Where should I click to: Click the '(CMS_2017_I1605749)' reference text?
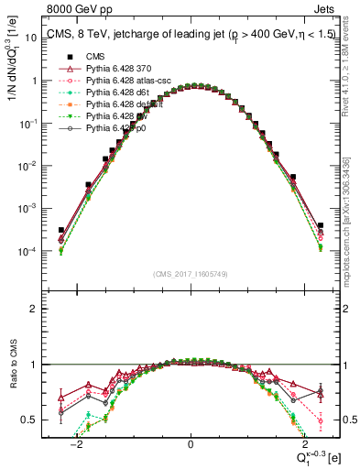(191, 274)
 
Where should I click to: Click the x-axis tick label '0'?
(191, 443)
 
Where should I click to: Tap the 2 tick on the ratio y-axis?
(36, 309)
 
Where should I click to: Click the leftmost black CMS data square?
(61, 231)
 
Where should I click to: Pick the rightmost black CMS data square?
(321, 225)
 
